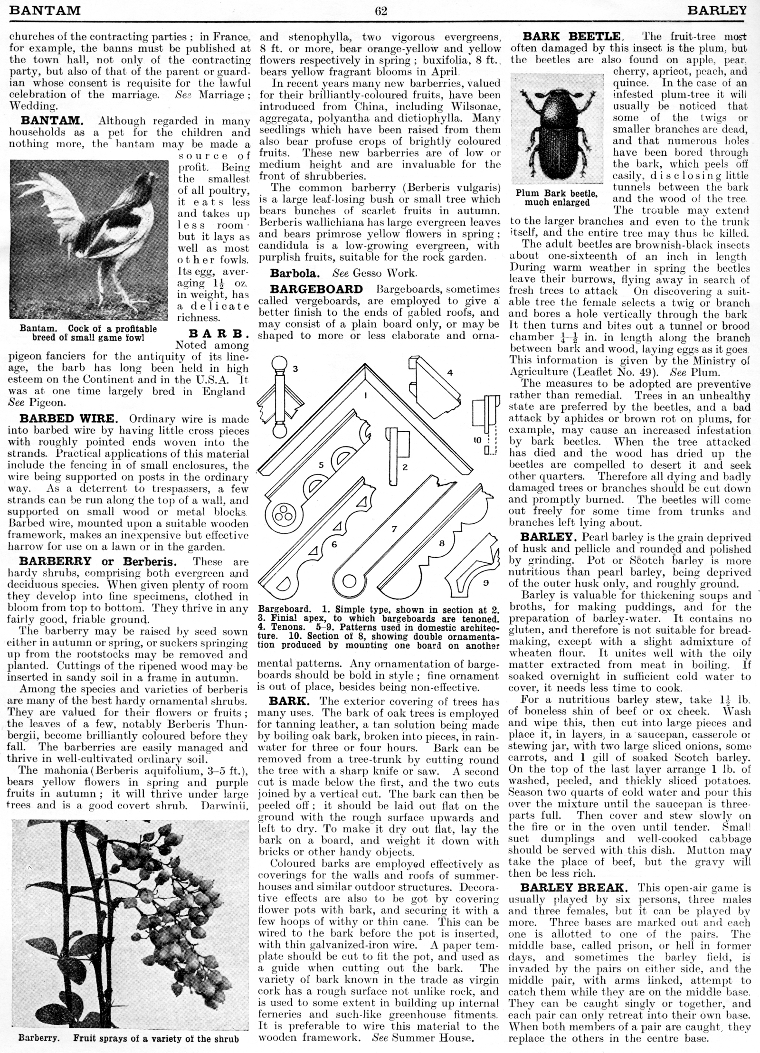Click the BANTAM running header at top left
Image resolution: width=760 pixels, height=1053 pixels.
pos(45,10)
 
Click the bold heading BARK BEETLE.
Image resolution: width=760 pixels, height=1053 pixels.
pos(572,36)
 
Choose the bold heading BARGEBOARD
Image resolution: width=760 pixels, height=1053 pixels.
pos(316,289)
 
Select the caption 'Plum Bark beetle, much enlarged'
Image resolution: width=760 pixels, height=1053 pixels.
pos(557,198)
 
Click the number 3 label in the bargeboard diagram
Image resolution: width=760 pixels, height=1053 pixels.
pos(294,369)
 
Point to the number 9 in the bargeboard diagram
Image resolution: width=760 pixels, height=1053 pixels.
pos(486,583)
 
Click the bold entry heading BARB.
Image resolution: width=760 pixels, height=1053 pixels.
pos(219,333)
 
